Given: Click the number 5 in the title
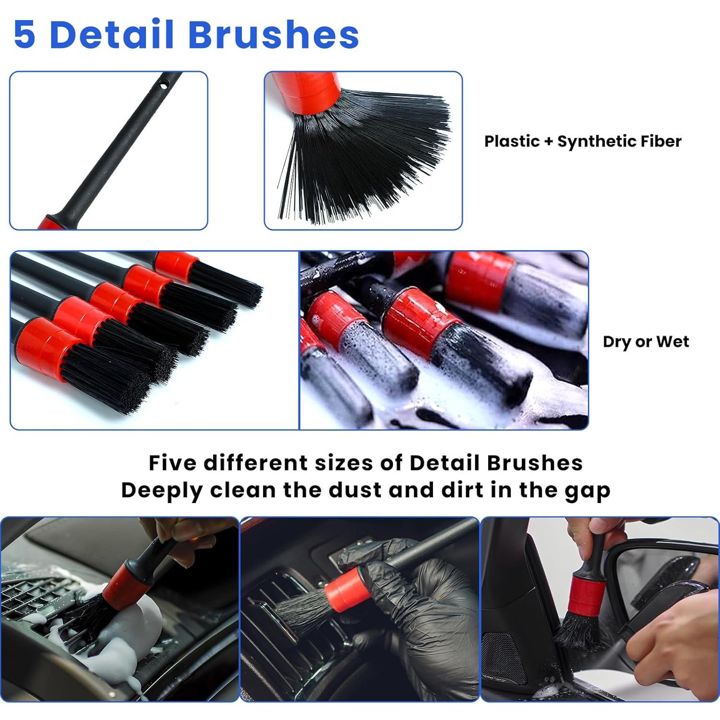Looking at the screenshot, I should (x=25, y=35).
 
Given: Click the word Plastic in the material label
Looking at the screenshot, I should (x=512, y=141).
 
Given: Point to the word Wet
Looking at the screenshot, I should (x=672, y=341).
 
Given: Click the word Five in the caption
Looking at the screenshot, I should (x=172, y=463).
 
